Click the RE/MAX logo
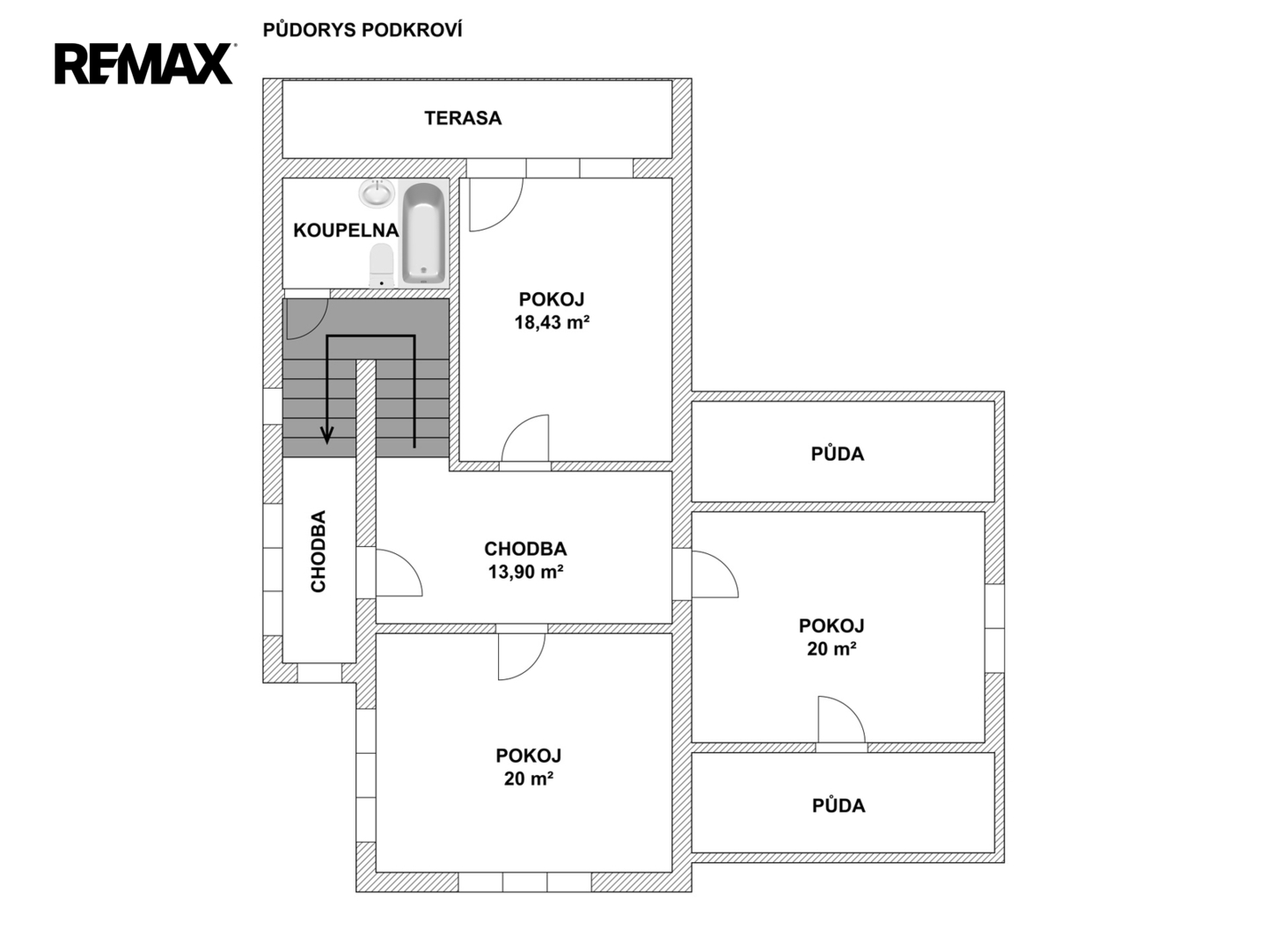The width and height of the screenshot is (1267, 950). pos(143,64)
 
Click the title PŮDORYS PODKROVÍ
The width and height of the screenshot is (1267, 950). pos(363,30)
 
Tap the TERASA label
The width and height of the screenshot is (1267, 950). pos(463,118)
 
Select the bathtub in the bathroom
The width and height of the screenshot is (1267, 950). pos(424,234)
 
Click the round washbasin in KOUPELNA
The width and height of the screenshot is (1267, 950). pos(377,193)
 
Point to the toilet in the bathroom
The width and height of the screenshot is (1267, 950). pos(382,265)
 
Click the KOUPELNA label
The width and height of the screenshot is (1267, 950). pos(346,230)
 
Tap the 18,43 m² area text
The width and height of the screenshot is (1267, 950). pos(552,323)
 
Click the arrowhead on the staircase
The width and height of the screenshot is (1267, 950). pos(327,435)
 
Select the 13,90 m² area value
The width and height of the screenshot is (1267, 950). pos(525,572)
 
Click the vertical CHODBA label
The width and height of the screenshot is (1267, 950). pos(318,551)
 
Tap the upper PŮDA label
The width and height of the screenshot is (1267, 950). pos(838,454)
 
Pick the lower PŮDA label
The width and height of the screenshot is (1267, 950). pos(839,806)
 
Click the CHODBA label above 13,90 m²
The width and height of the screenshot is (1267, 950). pos(525,549)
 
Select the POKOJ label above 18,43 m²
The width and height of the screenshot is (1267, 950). pos(552,299)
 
